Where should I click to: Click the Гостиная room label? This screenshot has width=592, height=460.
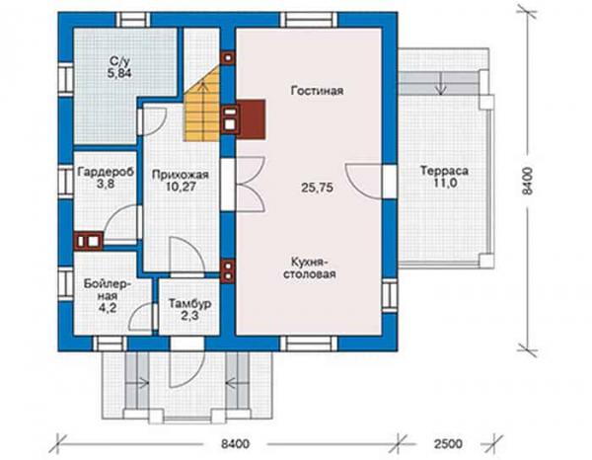coord(317,91)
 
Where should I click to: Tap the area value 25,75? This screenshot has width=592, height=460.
coord(317,188)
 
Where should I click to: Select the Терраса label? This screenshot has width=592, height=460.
coord(444,171)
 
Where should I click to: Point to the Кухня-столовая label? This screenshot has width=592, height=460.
coord(310,268)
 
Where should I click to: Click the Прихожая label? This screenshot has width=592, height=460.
coord(181,175)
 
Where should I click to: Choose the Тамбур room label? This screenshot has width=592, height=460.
coord(189,304)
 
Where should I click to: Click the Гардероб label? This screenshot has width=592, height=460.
coord(106,172)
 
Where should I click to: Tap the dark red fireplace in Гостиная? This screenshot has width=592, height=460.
coord(251,118)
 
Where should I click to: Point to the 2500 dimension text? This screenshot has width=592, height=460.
coord(448,443)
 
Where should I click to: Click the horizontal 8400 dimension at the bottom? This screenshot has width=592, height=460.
coord(235,443)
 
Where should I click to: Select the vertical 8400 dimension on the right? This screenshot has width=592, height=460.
coord(528,181)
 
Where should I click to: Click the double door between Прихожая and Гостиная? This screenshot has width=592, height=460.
coord(251,184)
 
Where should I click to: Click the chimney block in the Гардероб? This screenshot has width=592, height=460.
coord(89,241)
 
